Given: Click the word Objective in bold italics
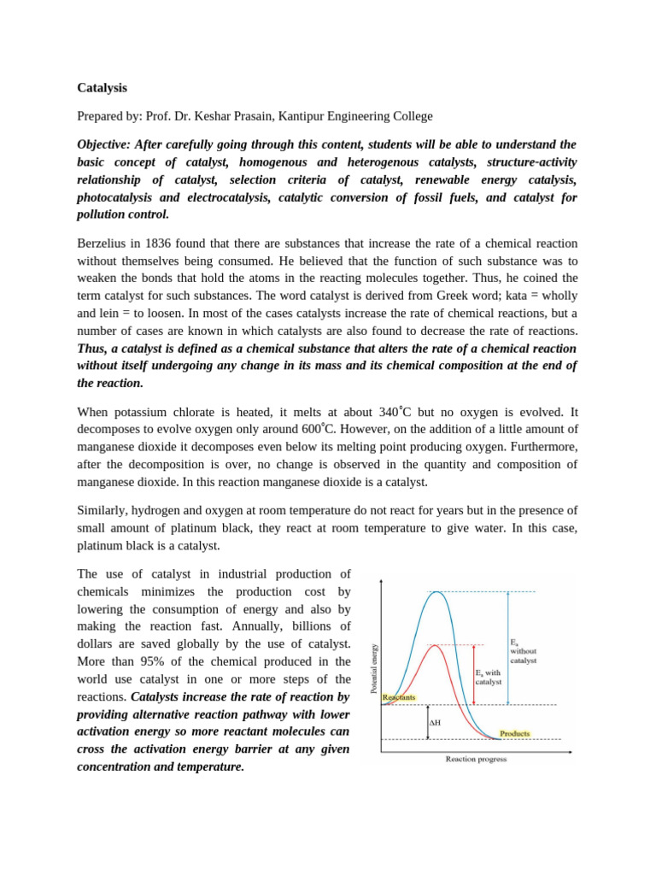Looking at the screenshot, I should point(111,144).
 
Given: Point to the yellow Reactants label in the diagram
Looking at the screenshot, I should point(399,698).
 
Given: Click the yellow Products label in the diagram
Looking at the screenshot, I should point(515,733).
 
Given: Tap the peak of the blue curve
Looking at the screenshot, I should point(436,591).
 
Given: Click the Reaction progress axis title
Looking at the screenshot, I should point(476,758).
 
